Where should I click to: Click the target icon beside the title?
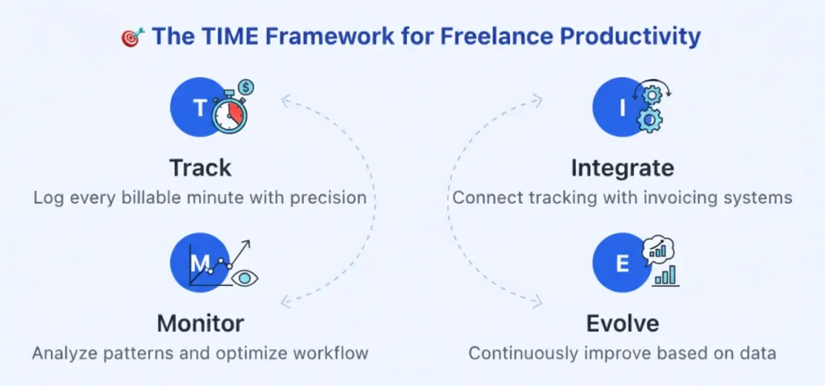coord(131,36)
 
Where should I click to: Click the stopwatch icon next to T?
coord(229,114)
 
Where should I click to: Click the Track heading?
coord(200,168)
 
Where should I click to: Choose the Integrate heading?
coord(622,168)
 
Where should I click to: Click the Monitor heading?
coord(200,323)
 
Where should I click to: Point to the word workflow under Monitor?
coord(331,353)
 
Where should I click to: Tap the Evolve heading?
coord(622,323)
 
